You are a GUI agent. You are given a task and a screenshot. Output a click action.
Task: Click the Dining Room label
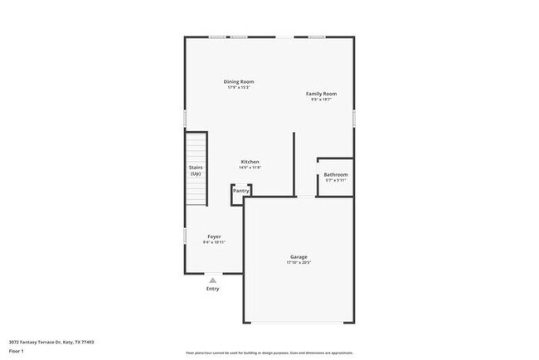coord(239,81)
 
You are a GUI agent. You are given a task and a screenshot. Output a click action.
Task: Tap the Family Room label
coord(321,94)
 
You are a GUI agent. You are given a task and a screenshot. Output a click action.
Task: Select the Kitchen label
coord(250,161)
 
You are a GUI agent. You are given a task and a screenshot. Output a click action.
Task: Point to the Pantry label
coord(240,191)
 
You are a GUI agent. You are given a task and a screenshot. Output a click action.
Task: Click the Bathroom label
coord(336,174)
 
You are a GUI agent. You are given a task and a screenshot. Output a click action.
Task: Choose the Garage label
coord(299,256)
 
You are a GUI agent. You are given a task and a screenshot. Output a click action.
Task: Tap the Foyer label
coord(214,236)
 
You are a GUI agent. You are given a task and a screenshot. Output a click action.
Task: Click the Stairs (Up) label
coord(196,171)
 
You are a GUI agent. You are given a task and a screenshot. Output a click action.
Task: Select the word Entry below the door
coord(213,289)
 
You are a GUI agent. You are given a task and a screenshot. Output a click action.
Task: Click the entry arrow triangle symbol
coord(213,280)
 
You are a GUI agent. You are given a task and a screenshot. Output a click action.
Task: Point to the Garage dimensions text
coord(299,263)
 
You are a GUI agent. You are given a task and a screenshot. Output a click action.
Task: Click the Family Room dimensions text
coord(321,100)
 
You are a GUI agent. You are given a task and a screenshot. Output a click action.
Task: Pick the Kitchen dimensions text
coord(250,168)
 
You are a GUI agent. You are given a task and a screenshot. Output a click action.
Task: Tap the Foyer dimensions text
coord(214,242)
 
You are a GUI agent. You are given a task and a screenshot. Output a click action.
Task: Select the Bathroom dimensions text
coord(336,181)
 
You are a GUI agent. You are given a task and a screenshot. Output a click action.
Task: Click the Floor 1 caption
coord(17,351)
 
